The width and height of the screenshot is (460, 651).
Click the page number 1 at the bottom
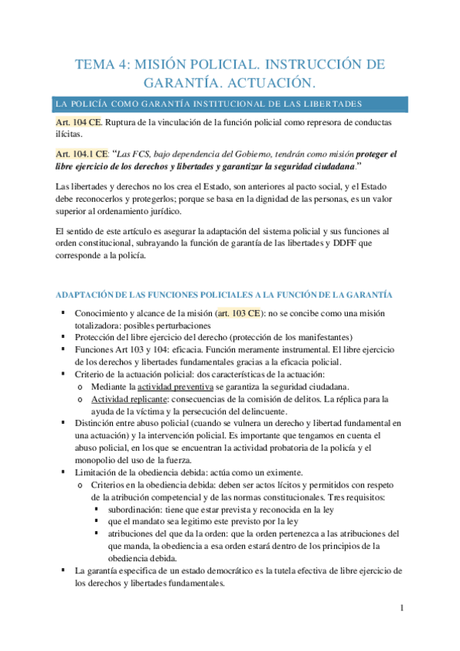[x=401, y=610]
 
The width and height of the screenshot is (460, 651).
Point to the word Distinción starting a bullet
[x=95, y=423]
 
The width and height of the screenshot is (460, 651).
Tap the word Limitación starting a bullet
[x=96, y=472]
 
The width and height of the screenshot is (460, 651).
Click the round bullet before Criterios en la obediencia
[x=80, y=485]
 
